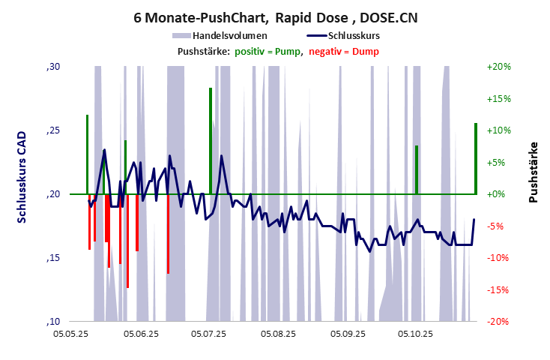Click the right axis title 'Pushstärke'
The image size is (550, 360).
point(533,172)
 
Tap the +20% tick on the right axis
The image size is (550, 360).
point(498,67)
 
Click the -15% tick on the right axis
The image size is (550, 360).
point(498,289)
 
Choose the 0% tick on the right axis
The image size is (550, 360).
point(498,194)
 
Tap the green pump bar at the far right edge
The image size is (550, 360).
point(476,158)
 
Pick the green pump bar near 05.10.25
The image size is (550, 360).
point(417,169)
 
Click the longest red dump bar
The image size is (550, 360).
point(128,241)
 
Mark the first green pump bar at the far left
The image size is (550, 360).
point(88,154)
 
